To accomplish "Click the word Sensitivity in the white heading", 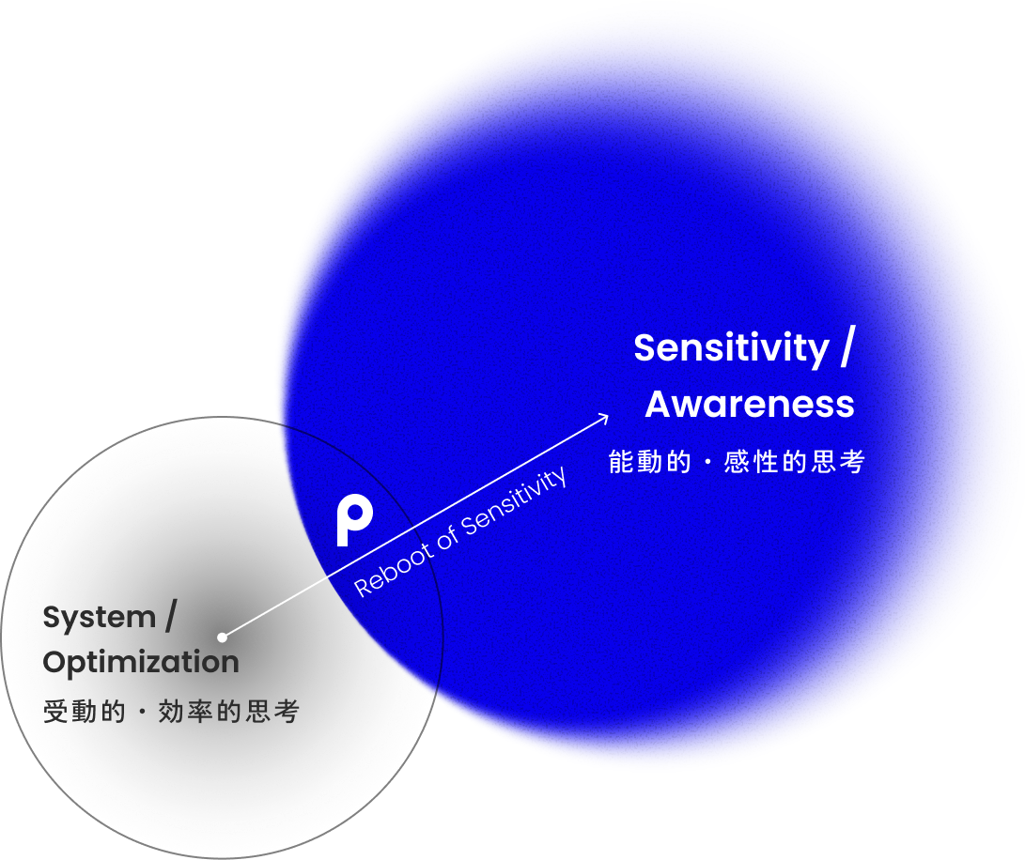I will [731, 348].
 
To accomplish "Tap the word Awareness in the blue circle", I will [750, 405].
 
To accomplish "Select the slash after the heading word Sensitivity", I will [846, 347].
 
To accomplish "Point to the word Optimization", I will [141, 662].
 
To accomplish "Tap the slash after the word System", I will [170, 618].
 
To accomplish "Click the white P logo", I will [354, 519].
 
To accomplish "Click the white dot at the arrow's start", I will [222, 637].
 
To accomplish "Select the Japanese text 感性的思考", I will [794, 462].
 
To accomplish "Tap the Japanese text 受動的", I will [84, 713].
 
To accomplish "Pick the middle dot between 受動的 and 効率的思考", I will [142, 714].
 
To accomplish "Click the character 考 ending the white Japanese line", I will [853, 462].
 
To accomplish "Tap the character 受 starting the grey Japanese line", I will [54, 713].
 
